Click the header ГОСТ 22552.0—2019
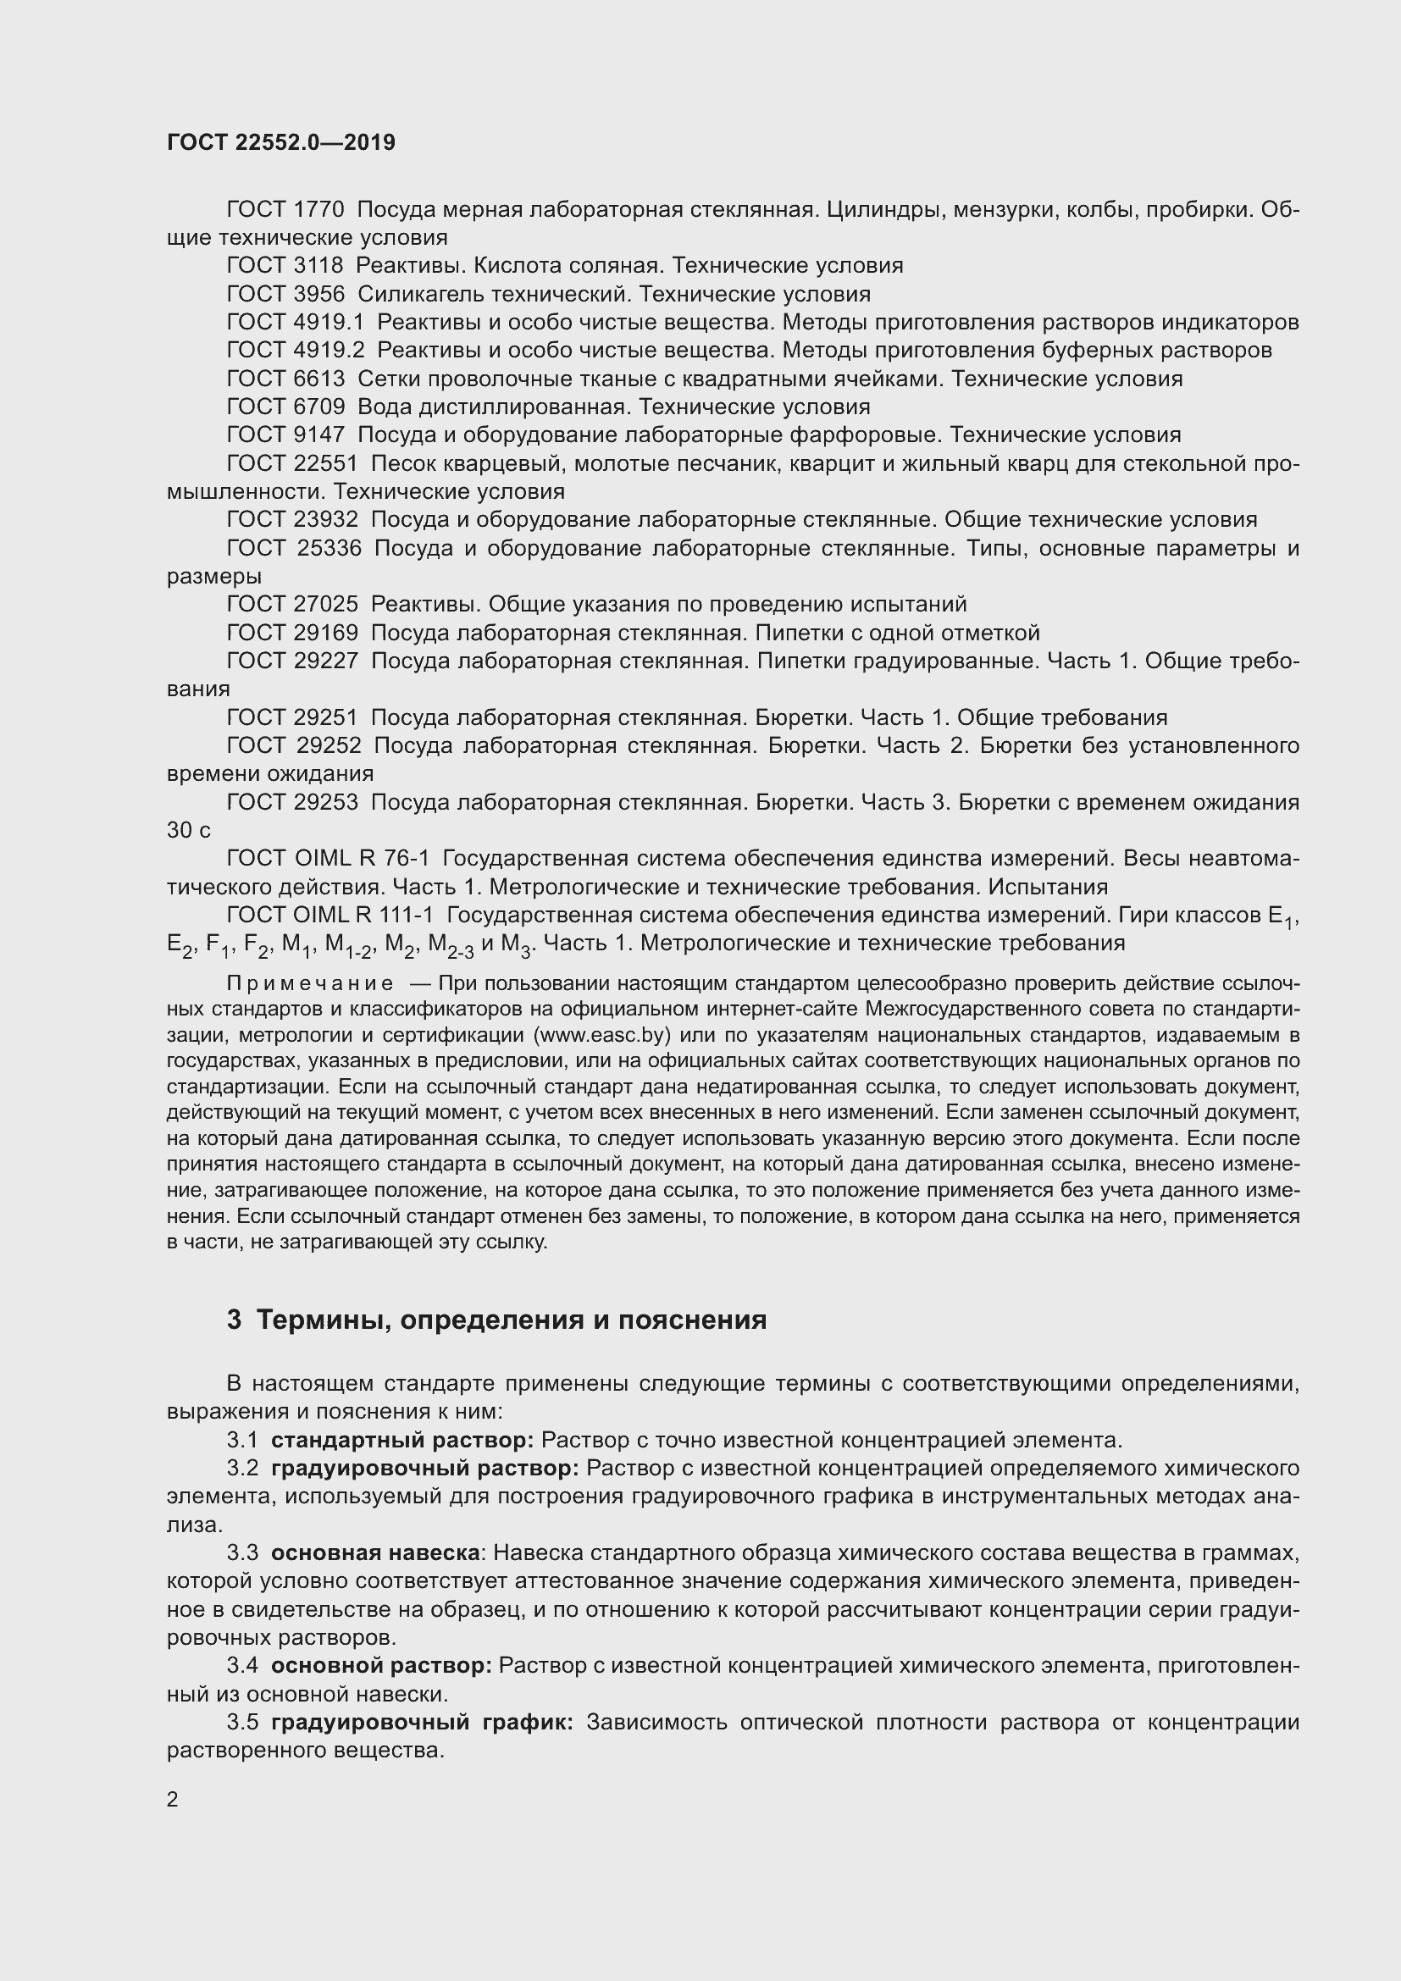(x=280, y=142)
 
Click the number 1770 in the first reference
(x=318, y=210)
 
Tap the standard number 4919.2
(x=329, y=351)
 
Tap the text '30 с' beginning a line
(x=188, y=830)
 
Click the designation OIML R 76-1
(x=362, y=859)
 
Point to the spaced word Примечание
(x=311, y=983)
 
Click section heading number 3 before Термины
(x=234, y=1320)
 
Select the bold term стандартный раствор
(x=402, y=1440)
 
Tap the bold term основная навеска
(x=375, y=1553)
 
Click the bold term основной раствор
(x=380, y=1665)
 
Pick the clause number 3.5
(x=242, y=1722)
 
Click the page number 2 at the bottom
(x=173, y=1800)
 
